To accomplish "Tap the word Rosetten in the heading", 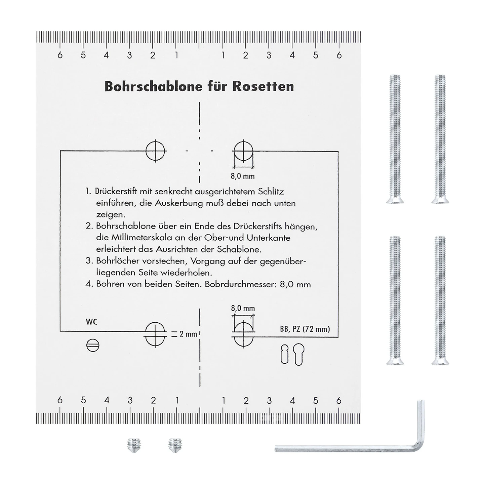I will tap(263, 86).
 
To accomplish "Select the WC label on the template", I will tap(91, 322).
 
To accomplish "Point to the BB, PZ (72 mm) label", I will tap(305, 329).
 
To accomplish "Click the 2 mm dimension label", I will tap(188, 334).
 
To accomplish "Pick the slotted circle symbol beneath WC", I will tap(93, 345).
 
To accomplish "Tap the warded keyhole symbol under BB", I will tap(285, 354).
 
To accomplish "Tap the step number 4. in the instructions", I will tap(89, 284).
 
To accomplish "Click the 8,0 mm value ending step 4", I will tap(295, 284).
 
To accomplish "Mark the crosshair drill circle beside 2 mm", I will tap(155, 334).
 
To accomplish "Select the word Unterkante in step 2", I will tap(269, 238).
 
